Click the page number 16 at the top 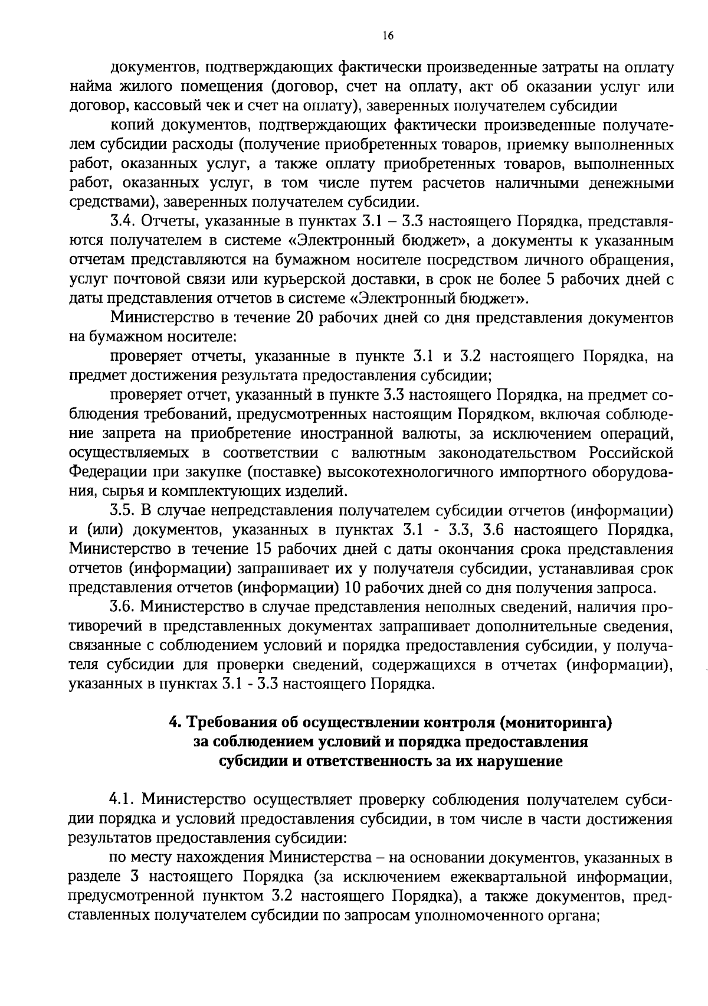point(388,35)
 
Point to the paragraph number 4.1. point(123,800)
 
